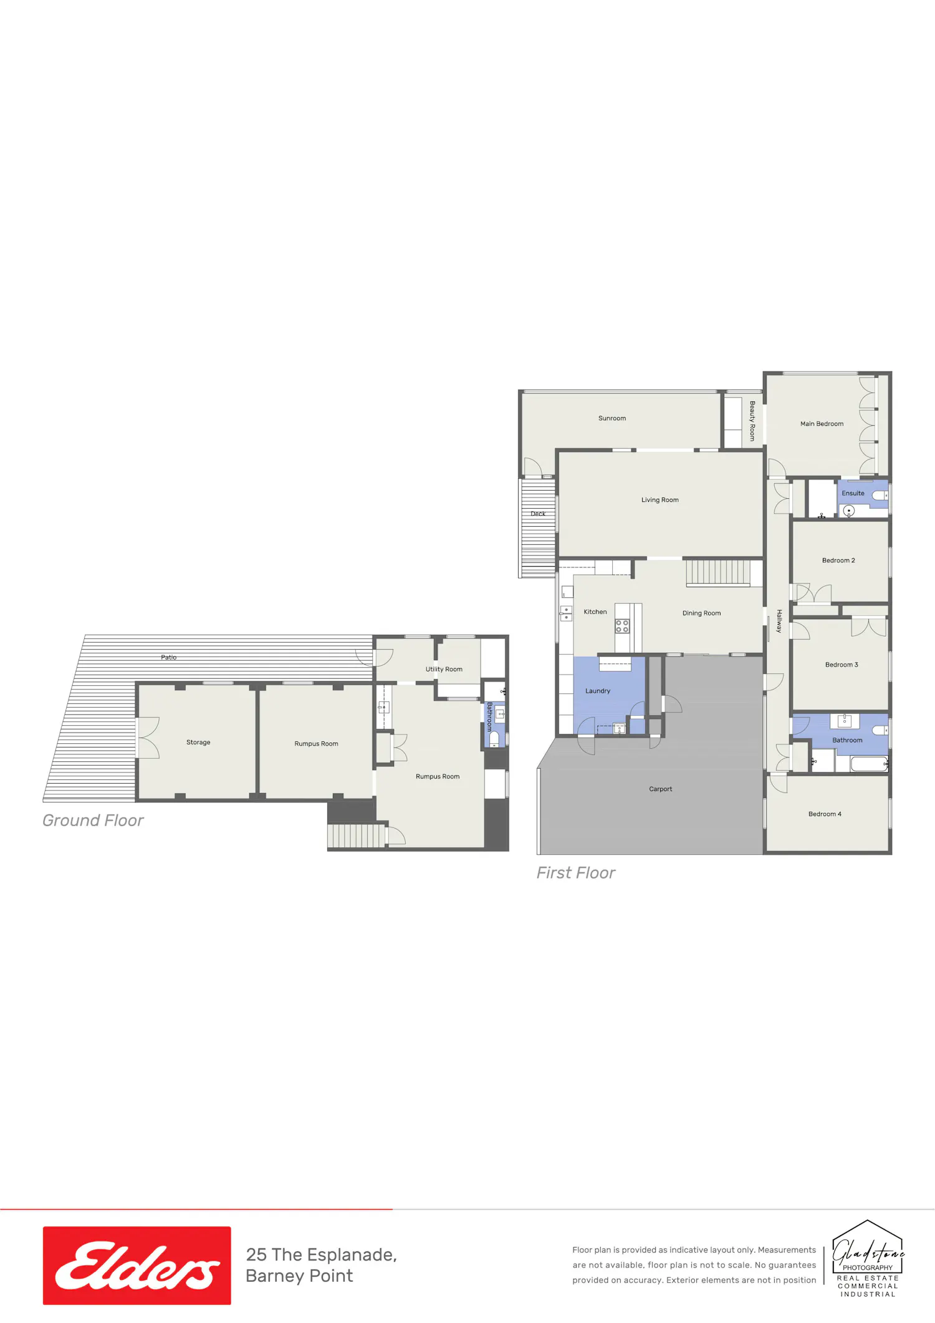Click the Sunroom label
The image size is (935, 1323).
611,418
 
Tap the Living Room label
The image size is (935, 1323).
659,500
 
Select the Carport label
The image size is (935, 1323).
660,789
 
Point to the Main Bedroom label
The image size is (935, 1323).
822,424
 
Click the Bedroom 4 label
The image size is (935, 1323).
825,814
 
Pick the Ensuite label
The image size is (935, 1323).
853,493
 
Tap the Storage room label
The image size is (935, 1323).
198,743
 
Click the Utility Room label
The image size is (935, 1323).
444,670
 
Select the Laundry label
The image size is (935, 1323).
597,691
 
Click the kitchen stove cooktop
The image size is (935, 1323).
622,626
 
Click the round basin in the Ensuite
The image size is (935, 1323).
848,511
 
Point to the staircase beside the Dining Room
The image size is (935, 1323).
718,572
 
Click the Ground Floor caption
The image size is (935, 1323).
93,820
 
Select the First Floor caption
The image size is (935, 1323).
576,873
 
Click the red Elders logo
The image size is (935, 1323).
137,1265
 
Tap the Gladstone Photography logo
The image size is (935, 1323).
868,1258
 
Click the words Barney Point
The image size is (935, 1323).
299,1276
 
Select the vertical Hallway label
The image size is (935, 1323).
779,621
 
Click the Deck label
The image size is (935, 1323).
538,514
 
